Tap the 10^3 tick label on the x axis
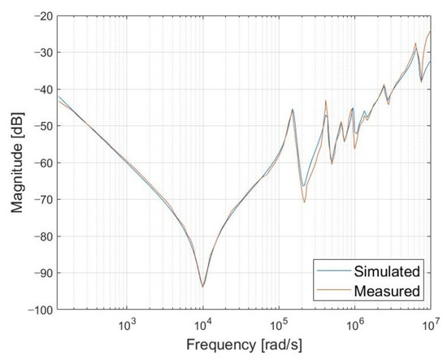127,323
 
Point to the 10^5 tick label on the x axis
279,323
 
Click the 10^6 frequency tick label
354,323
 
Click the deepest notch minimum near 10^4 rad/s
202,287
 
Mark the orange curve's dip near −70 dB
304,202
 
